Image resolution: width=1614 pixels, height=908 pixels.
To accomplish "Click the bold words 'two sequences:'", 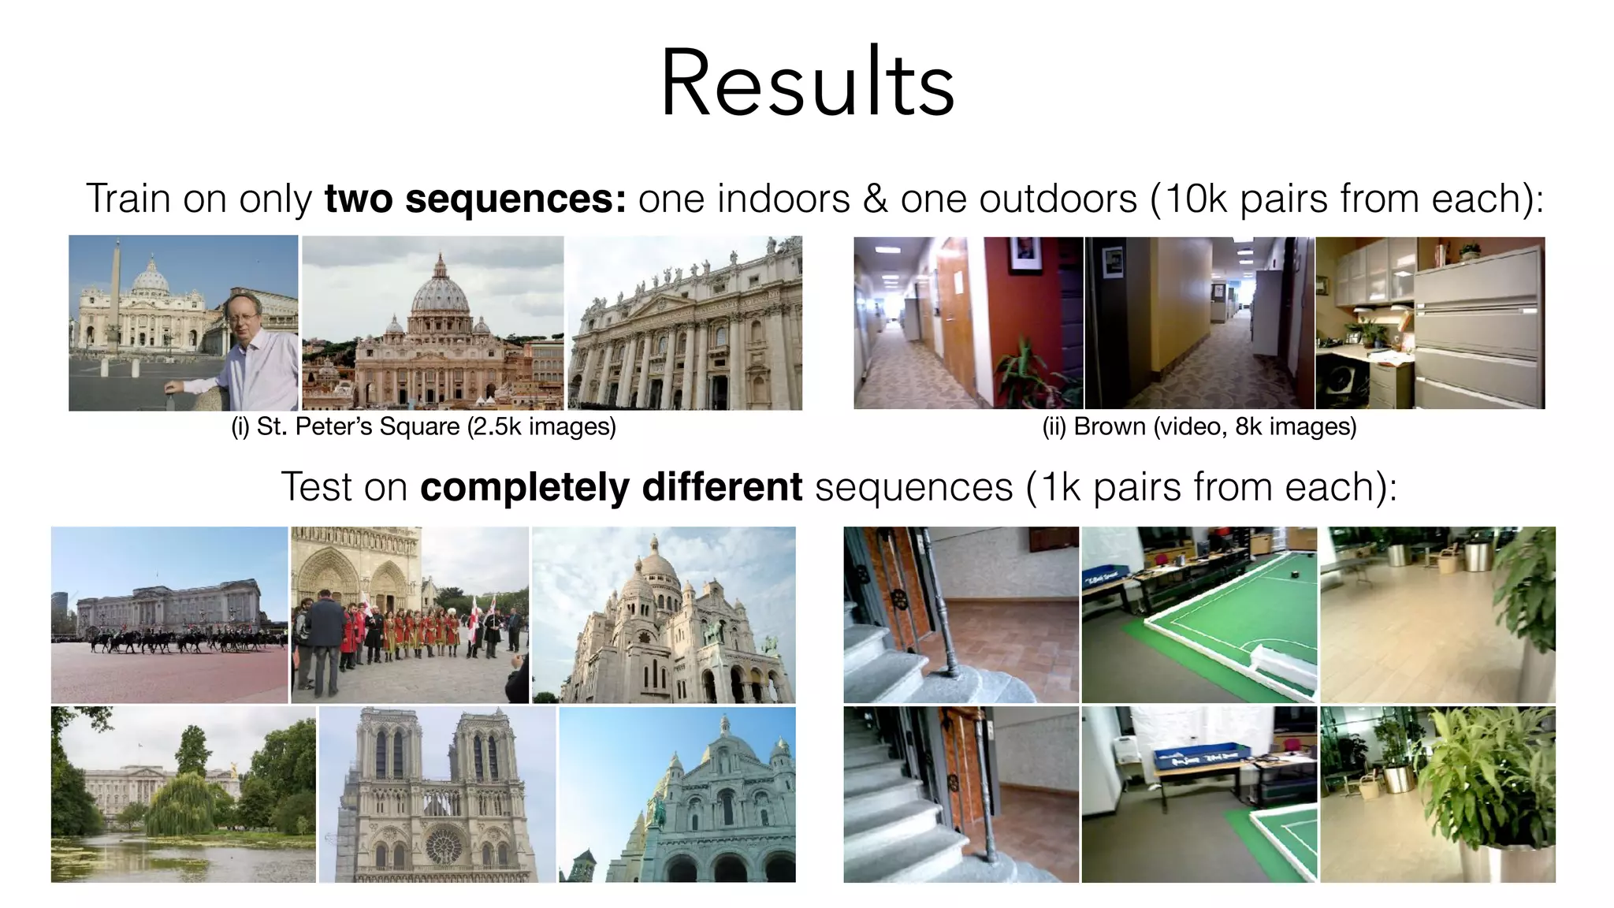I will (475, 199).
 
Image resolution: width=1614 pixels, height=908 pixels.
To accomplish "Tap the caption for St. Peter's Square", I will (423, 426).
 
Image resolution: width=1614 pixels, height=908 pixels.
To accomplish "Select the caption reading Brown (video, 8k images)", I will (1199, 426).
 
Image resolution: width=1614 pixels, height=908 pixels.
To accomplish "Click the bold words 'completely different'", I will (611, 486).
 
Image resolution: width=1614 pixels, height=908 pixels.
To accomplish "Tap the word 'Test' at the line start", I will (316, 486).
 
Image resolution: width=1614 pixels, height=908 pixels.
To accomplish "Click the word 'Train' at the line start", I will (128, 199).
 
